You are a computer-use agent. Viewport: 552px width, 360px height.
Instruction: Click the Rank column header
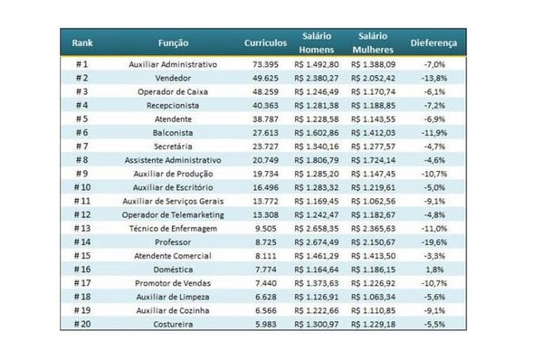click(82, 43)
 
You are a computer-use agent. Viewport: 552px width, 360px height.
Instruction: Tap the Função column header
click(173, 43)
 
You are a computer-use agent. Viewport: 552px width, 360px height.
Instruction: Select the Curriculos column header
click(266, 43)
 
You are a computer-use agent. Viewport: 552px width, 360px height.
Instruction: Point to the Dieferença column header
click(434, 43)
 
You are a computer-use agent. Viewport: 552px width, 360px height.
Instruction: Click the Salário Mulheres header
click(373, 43)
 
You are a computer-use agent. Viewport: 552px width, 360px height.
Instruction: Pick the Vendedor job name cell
click(173, 79)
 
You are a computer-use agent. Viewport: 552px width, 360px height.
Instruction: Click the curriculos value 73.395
click(266, 64)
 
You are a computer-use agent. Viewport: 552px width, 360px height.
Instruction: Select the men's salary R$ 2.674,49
click(316, 242)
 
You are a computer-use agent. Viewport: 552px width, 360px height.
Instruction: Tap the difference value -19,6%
click(434, 242)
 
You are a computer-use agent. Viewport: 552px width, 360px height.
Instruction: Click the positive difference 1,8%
click(435, 270)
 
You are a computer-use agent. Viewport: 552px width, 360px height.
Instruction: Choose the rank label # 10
click(82, 187)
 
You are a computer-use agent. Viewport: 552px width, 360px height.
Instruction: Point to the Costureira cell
click(173, 324)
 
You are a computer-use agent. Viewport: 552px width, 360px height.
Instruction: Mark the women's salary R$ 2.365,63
click(374, 228)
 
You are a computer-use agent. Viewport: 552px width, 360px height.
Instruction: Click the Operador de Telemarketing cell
click(173, 215)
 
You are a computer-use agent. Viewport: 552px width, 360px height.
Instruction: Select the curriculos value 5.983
click(266, 324)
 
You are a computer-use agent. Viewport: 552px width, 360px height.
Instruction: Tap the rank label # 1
click(82, 64)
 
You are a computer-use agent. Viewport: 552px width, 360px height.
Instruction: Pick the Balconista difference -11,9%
click(434, 132)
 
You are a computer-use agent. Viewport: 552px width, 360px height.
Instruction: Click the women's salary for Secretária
click(374, 147)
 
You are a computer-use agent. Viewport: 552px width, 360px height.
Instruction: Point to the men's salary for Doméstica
click(316, 270)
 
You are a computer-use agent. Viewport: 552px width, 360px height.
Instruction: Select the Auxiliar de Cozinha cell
click(173, 310)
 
